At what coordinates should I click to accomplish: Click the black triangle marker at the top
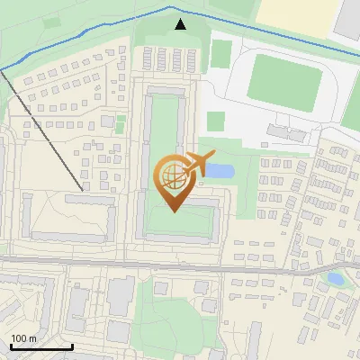[x=181, y=24]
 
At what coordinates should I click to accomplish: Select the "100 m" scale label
[x=23, y=338]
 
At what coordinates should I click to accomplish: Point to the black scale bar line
[x=40, y=347]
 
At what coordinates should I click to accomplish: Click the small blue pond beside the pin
[x=222, y=171]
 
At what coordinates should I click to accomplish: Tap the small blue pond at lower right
[x=335, y=279]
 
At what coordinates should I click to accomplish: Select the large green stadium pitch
[x=283, y=78]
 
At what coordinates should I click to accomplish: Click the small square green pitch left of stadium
[x=215, y=121]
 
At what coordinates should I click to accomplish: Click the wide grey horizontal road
[x=180, y=262]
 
